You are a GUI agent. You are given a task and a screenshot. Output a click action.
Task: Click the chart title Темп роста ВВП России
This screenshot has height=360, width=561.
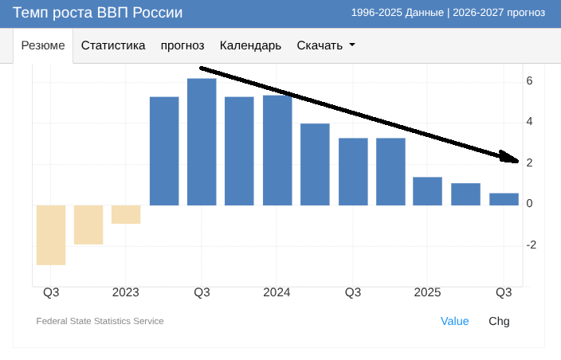pyautogui.click(x=97, y=13)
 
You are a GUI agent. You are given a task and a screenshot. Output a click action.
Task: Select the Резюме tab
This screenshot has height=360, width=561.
pyautogui.click(x=43, y=45)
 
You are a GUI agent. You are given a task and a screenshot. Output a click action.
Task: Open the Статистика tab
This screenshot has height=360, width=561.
pyautogui.click(x=113, y=45)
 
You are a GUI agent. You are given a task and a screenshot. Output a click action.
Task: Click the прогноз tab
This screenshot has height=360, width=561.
pyautogui.click(x=182, y=45)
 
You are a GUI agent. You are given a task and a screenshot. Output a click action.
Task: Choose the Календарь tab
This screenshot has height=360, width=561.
pyautogui.click(x=250, y=45)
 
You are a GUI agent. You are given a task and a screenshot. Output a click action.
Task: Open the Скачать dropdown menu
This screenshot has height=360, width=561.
pyautogui.click(x=325, y=45)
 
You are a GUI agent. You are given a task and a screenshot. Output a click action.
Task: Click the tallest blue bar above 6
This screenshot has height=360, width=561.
pyautogui.click(x=202, y=142)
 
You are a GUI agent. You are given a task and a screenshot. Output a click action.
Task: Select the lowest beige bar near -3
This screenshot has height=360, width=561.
pyautogui.click(x=51, y=235)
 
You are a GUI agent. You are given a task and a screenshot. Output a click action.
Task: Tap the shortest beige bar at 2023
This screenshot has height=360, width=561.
pyautogui.click(x=126, y=214)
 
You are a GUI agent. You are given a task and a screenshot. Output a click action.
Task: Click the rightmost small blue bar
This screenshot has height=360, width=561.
pyautogui.click(x=504, y=199)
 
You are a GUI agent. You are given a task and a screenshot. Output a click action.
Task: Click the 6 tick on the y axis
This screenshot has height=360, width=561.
pyautogui.click(x=529, y=81)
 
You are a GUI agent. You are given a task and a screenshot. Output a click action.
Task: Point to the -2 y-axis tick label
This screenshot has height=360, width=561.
pyautogui.click(x=532, y=245)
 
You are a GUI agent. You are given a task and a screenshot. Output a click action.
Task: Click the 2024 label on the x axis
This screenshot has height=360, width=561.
pyautogui.click(x=277, y=292)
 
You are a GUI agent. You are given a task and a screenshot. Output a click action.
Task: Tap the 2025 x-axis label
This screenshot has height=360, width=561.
pyautogui.click(x=428, y=292)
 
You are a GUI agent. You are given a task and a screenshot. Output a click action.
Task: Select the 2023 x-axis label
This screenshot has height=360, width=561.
pyautogui.click(x=126, y=292)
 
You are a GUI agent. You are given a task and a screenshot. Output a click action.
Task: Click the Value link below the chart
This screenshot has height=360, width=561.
pyautogui.click(x=455, y=321)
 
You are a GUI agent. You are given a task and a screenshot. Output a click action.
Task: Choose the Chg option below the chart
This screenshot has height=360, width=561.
pyautogui.click(x=499, y=321)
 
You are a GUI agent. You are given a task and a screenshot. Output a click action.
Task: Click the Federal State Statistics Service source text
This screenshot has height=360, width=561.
pyautogui.click(x=100, y=321)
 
